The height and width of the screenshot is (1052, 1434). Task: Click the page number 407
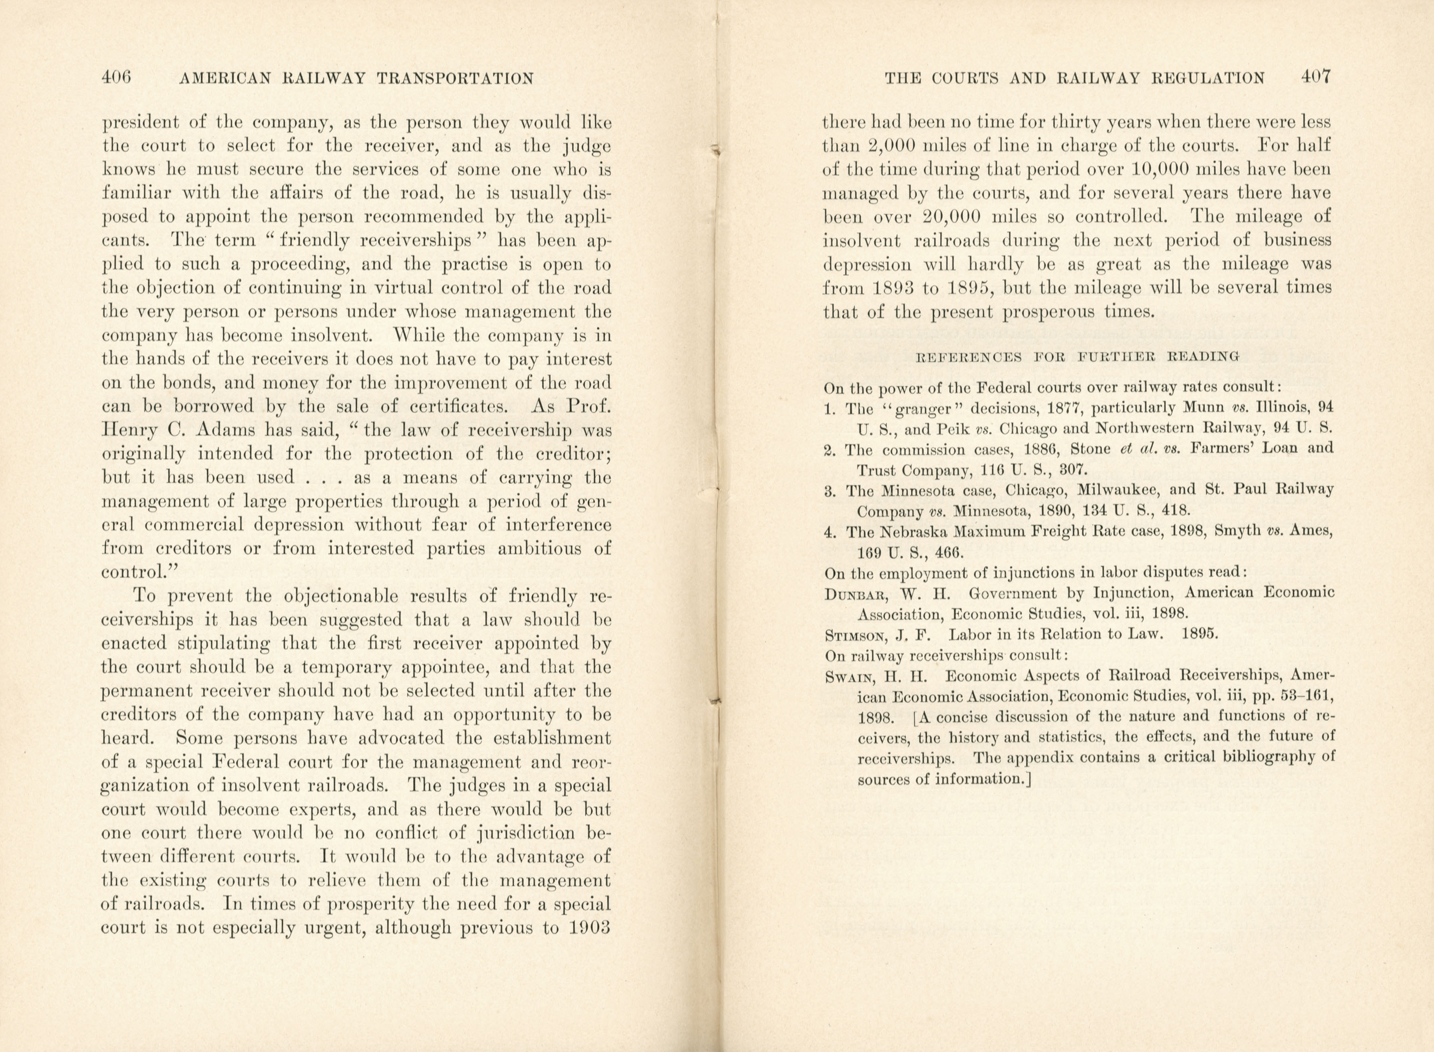(1315, 78)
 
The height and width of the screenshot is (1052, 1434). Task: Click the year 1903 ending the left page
(585, 928)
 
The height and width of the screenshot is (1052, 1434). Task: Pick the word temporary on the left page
(348, 668)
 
